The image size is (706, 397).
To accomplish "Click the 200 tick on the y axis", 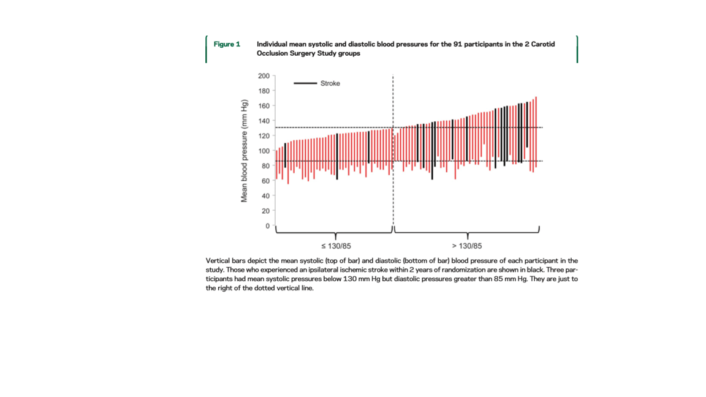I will click(x=273, y=76).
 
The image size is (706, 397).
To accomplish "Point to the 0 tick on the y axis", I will click(x=273, y=226).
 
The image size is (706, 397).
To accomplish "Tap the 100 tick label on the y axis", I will click(x=264, y=151).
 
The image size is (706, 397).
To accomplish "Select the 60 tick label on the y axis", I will click(x=265, y=181).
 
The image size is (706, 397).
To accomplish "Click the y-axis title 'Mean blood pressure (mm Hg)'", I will click(x=244, y=150).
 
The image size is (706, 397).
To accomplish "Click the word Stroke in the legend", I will click(x=330, y=83).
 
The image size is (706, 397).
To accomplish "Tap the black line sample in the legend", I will click(x=305, y=83).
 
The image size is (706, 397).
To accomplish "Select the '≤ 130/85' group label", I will click(x=336, y=246).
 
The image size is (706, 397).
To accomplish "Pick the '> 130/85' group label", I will click(x=467, y=246).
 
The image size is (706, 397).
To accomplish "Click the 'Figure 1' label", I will click(x=227, y=44).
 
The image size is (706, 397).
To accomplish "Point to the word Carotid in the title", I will click(x=542, y=44).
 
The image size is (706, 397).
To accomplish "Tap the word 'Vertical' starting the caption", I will click(x=218, y=260).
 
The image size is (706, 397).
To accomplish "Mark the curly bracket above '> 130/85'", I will click(x=467, y=232).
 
